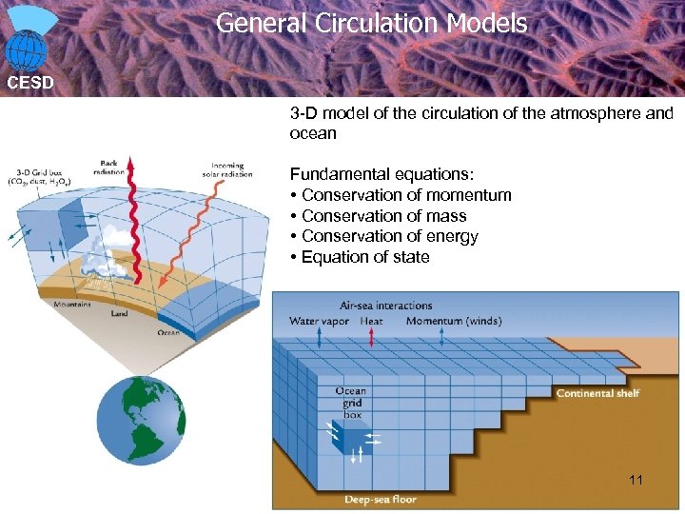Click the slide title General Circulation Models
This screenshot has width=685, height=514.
tap(371, 23)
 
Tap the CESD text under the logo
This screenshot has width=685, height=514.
tap(30, 82)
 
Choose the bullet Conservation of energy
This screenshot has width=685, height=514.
tap(389, 236)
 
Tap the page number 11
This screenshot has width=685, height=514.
tap(636, 480)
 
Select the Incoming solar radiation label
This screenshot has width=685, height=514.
tap(227, 170)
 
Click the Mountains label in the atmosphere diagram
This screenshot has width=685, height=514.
tap(72, 305)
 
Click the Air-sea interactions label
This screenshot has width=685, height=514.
tap(386, 306)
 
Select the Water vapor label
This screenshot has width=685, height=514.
tap(319, 321)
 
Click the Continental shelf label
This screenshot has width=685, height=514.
tap(597, 393)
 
